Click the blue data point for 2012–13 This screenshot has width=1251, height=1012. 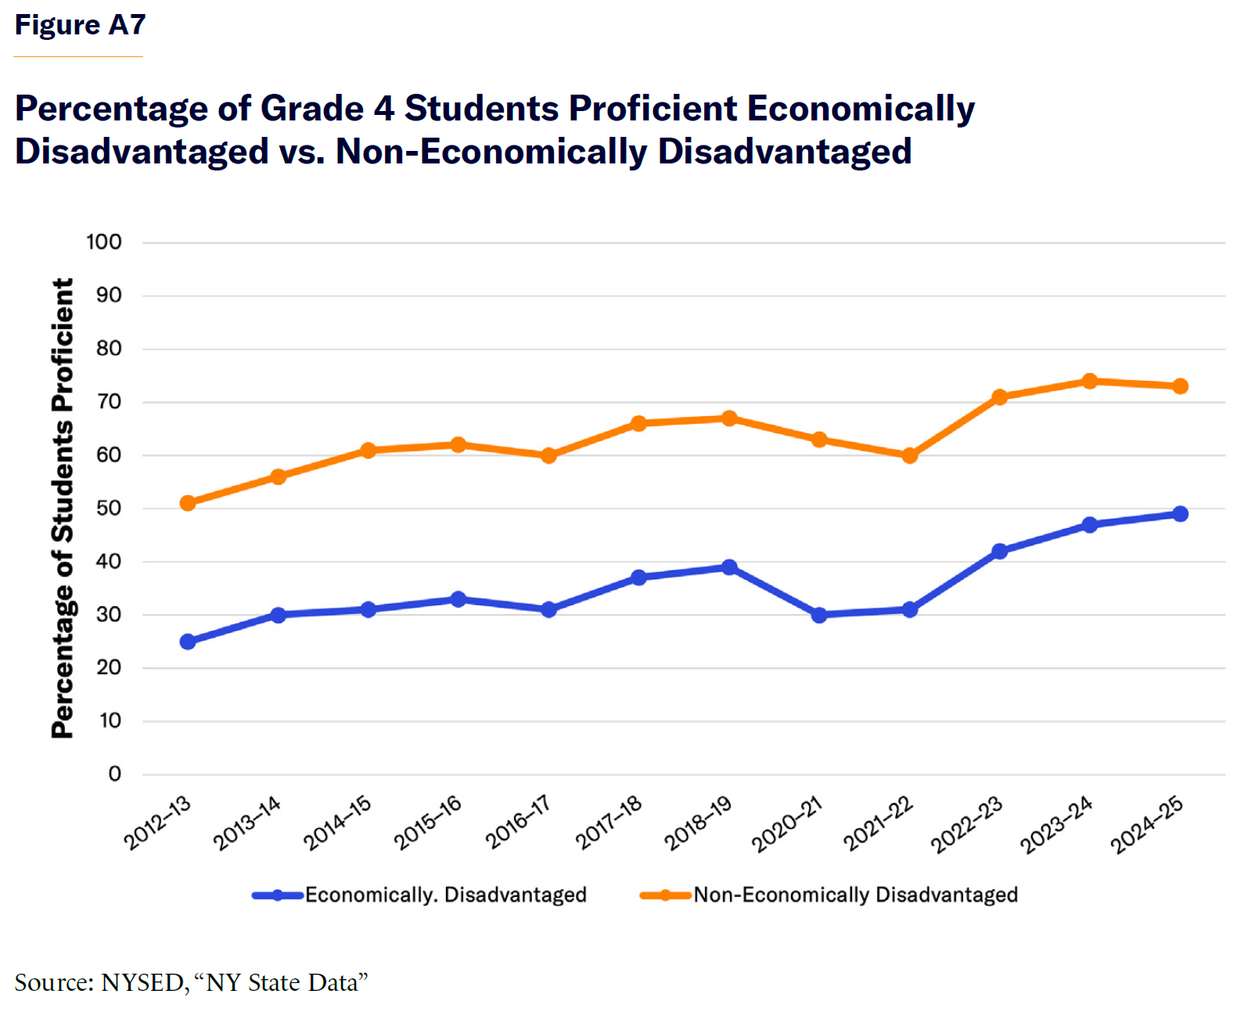point(188,641)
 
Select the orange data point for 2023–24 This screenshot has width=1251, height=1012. point(1090,381)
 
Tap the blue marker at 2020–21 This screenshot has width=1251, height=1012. point(819,615)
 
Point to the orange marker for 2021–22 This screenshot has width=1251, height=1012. point(909,455)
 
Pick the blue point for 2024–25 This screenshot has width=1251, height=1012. point(1180,514)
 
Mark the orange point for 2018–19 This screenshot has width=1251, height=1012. point(729,418)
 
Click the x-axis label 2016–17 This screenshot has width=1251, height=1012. point(518,822)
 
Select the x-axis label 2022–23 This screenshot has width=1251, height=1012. point(967,824)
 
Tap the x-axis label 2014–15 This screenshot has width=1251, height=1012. point(337,823)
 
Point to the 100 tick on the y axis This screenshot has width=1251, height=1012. point(104,242)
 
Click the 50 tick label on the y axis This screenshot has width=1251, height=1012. point(109,508)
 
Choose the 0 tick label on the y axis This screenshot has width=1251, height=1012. point(115,774)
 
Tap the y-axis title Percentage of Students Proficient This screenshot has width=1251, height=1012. point(63,508)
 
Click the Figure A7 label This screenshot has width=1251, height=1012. point(80,25)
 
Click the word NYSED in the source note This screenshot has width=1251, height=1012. point(142,982)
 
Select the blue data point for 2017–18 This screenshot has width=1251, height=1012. point(638,577)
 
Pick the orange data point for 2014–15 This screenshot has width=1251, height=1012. point(368,450)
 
